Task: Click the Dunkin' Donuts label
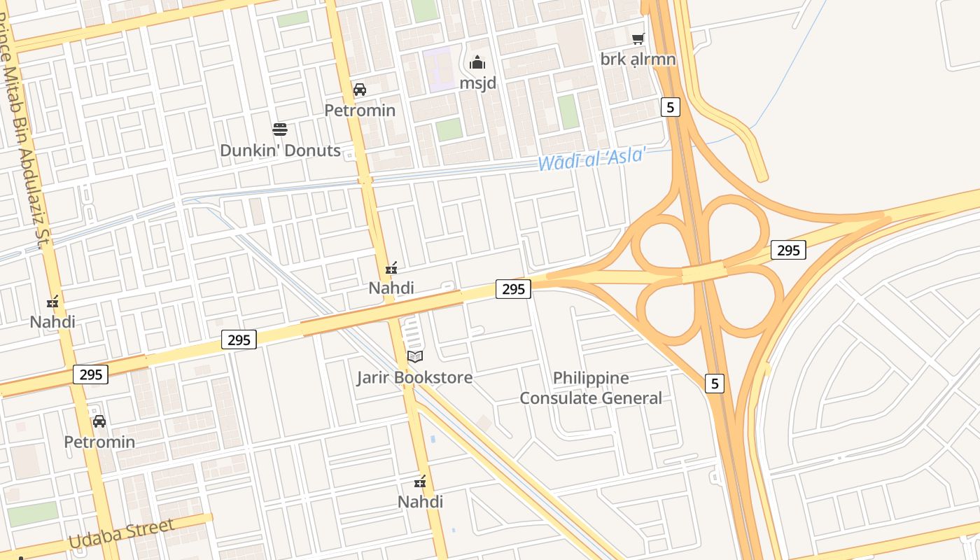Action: tap(280, 150)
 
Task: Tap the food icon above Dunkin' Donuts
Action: tap(280, 129)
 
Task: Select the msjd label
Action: tap(477, 83)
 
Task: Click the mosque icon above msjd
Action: tap(477, 63)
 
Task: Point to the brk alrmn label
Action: tap(638, 59)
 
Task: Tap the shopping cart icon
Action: tap(638, 38)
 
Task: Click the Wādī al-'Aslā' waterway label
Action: tap(591, 158)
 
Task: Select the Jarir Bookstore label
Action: tap(414, 378)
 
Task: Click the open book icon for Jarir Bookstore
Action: tap(415, 357)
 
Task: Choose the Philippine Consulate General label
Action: tap(591, 388)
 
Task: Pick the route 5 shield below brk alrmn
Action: tap(671, 107)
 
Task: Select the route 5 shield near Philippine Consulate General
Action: tap(714, 384)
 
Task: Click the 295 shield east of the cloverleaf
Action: tap(788, 250)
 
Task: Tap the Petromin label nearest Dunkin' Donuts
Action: tap(360, 111)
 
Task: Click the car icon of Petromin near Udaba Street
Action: tap(99, 421)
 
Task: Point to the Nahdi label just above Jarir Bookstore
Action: tap(391, 288)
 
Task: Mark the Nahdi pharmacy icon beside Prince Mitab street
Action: tap(52, 302)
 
